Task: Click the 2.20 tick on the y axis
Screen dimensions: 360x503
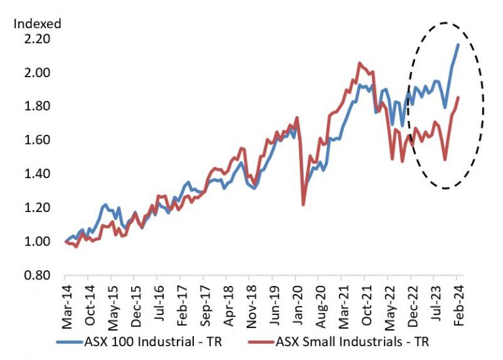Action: [37, 39]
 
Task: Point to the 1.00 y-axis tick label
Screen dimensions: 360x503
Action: [37, 242]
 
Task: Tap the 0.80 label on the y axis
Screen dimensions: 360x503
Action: [37, 276]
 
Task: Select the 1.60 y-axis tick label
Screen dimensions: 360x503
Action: [37, 140]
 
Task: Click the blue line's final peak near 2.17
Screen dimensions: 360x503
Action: [457, 45]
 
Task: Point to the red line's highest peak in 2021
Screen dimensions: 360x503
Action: [360, 63]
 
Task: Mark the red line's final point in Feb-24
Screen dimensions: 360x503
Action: [458, 98]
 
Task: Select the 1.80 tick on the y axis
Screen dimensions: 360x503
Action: [37, 106]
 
